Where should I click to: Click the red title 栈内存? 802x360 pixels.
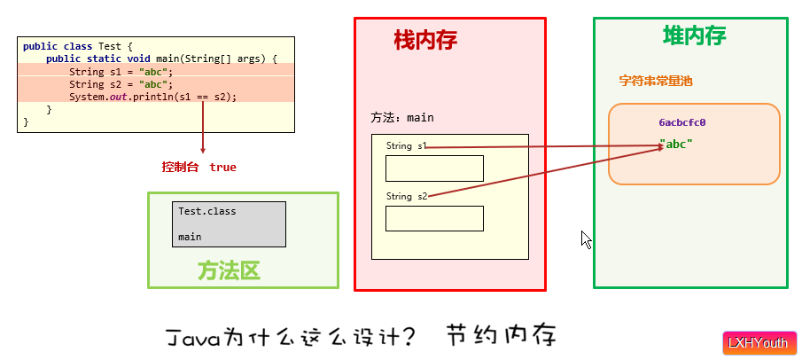tap(425, 40)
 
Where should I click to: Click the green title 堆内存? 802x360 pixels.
tap(695, 35)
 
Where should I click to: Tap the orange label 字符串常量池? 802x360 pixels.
tap(655, 81)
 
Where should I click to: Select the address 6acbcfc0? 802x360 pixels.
tap(681, 123)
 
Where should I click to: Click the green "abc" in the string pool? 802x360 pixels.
tap(675, 144)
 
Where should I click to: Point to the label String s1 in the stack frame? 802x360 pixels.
tap(406, 145)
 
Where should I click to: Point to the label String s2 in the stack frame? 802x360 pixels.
tap(406, 196)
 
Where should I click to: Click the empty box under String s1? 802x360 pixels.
tap(434, 168)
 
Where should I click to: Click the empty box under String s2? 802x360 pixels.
tap(434, 218)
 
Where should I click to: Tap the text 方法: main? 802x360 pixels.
tap(402, 117)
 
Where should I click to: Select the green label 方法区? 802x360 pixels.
tap(229, 270)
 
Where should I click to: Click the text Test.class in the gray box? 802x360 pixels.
tap(206, 211)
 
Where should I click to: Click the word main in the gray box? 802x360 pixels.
tap(190, 237)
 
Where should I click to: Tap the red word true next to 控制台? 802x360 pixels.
tap(223, 167)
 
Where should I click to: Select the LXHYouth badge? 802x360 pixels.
tap(758, 343)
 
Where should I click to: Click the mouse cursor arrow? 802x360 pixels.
tap(586, 239)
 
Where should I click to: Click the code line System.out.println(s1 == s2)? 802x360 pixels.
tap(153, 97)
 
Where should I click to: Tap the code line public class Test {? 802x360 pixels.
tap(77, 46)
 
